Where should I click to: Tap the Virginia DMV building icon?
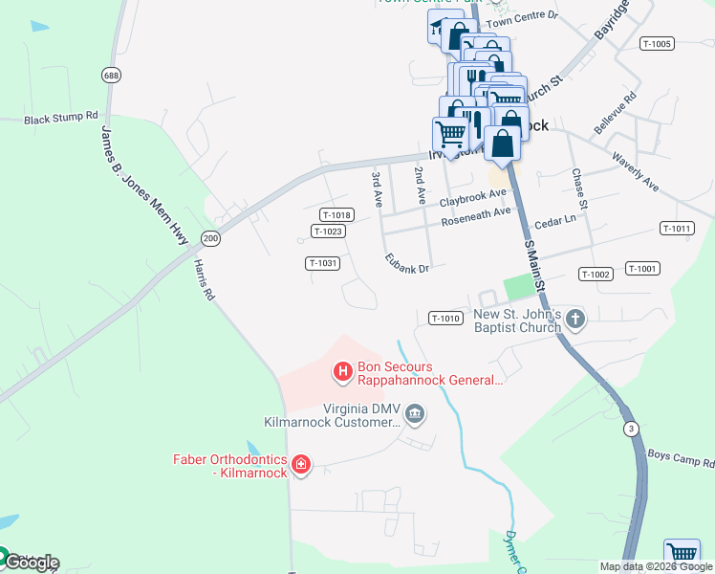(x=415, y=414)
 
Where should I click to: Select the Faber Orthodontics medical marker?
(x=301, y=465)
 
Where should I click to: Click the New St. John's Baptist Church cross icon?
(x=574, y=319)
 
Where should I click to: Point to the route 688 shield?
(x=112, y=75)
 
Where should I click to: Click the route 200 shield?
(x=210, y=237)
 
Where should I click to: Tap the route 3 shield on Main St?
(x=630, y=429)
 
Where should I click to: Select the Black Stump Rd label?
(x=61, y=119)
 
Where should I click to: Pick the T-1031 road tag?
(x=323, y=263)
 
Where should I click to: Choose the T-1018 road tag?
(x=337, y=215)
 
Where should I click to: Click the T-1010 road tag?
(x=446, y=318)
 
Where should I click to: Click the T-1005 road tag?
(x=658, y=43)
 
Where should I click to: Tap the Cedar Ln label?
(x=555, y=220)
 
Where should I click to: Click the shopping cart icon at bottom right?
(x=681, y=554)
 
